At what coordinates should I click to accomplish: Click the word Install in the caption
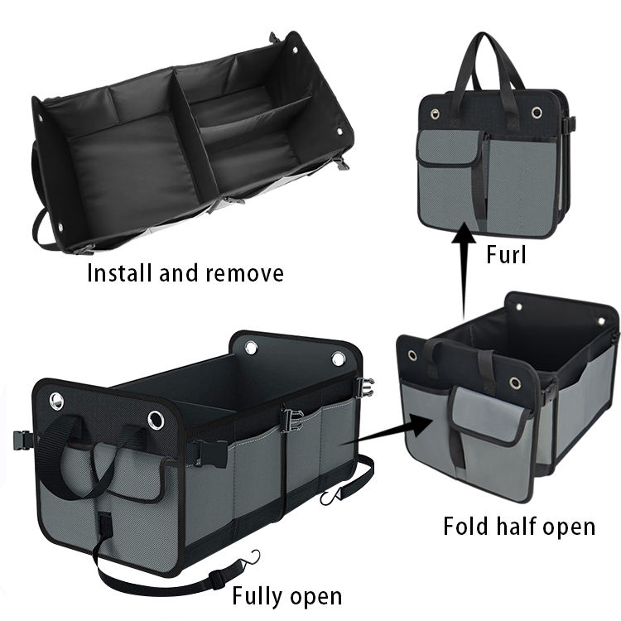[119, 272]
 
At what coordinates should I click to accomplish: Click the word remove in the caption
[248, 272]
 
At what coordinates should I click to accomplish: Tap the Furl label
[504, 256]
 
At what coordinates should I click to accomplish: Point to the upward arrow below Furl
[463, 265]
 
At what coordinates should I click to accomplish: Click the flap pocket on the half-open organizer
[488, 414]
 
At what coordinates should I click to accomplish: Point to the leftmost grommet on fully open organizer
[56, 402]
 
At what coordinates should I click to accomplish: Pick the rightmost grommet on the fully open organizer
[339, 359]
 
